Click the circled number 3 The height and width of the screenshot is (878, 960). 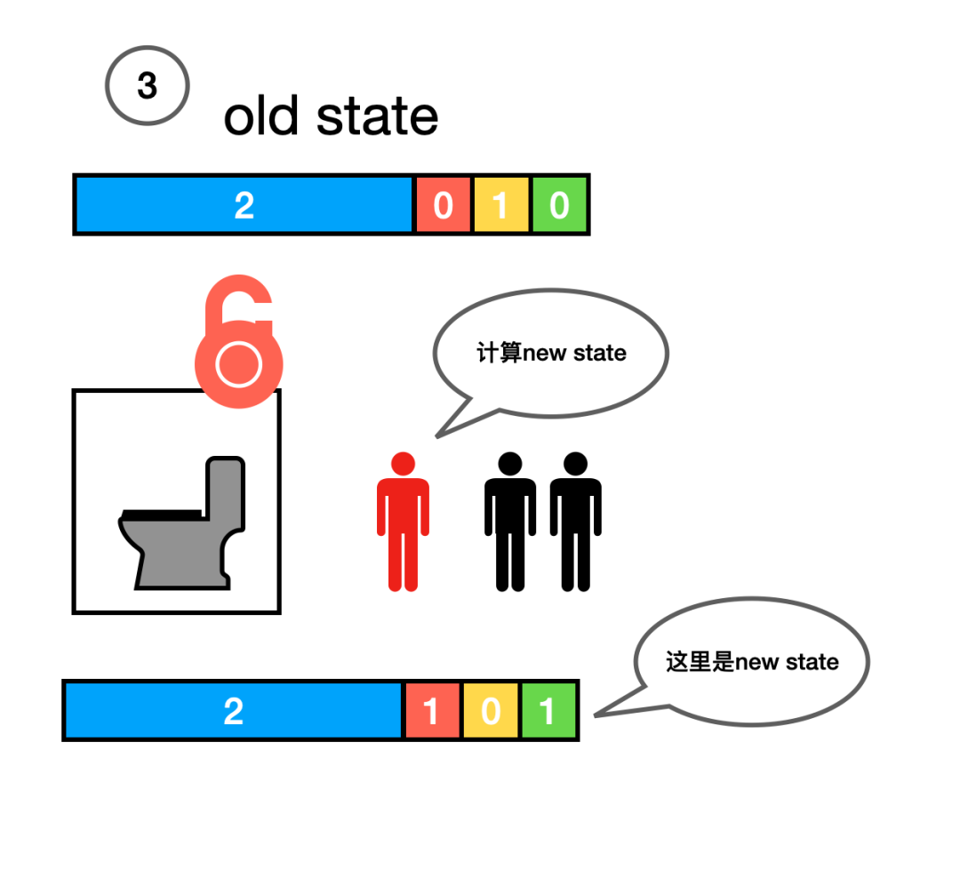147,86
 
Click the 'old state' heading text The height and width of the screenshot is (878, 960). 331,116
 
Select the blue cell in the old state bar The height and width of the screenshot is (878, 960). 244,205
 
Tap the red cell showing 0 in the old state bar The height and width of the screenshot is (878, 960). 443,205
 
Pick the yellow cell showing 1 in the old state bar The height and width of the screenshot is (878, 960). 501,205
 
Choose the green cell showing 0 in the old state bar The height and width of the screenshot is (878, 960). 559,205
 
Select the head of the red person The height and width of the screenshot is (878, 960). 403,463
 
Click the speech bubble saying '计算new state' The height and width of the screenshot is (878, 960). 551,353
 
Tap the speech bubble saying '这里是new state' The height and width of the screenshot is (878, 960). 752,662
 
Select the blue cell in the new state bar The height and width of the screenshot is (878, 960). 233,711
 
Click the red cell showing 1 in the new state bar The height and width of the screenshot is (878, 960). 432,711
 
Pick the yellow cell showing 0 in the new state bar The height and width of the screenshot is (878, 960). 491,711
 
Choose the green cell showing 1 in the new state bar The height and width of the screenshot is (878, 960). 548,711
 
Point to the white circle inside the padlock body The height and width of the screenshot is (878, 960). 237,364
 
